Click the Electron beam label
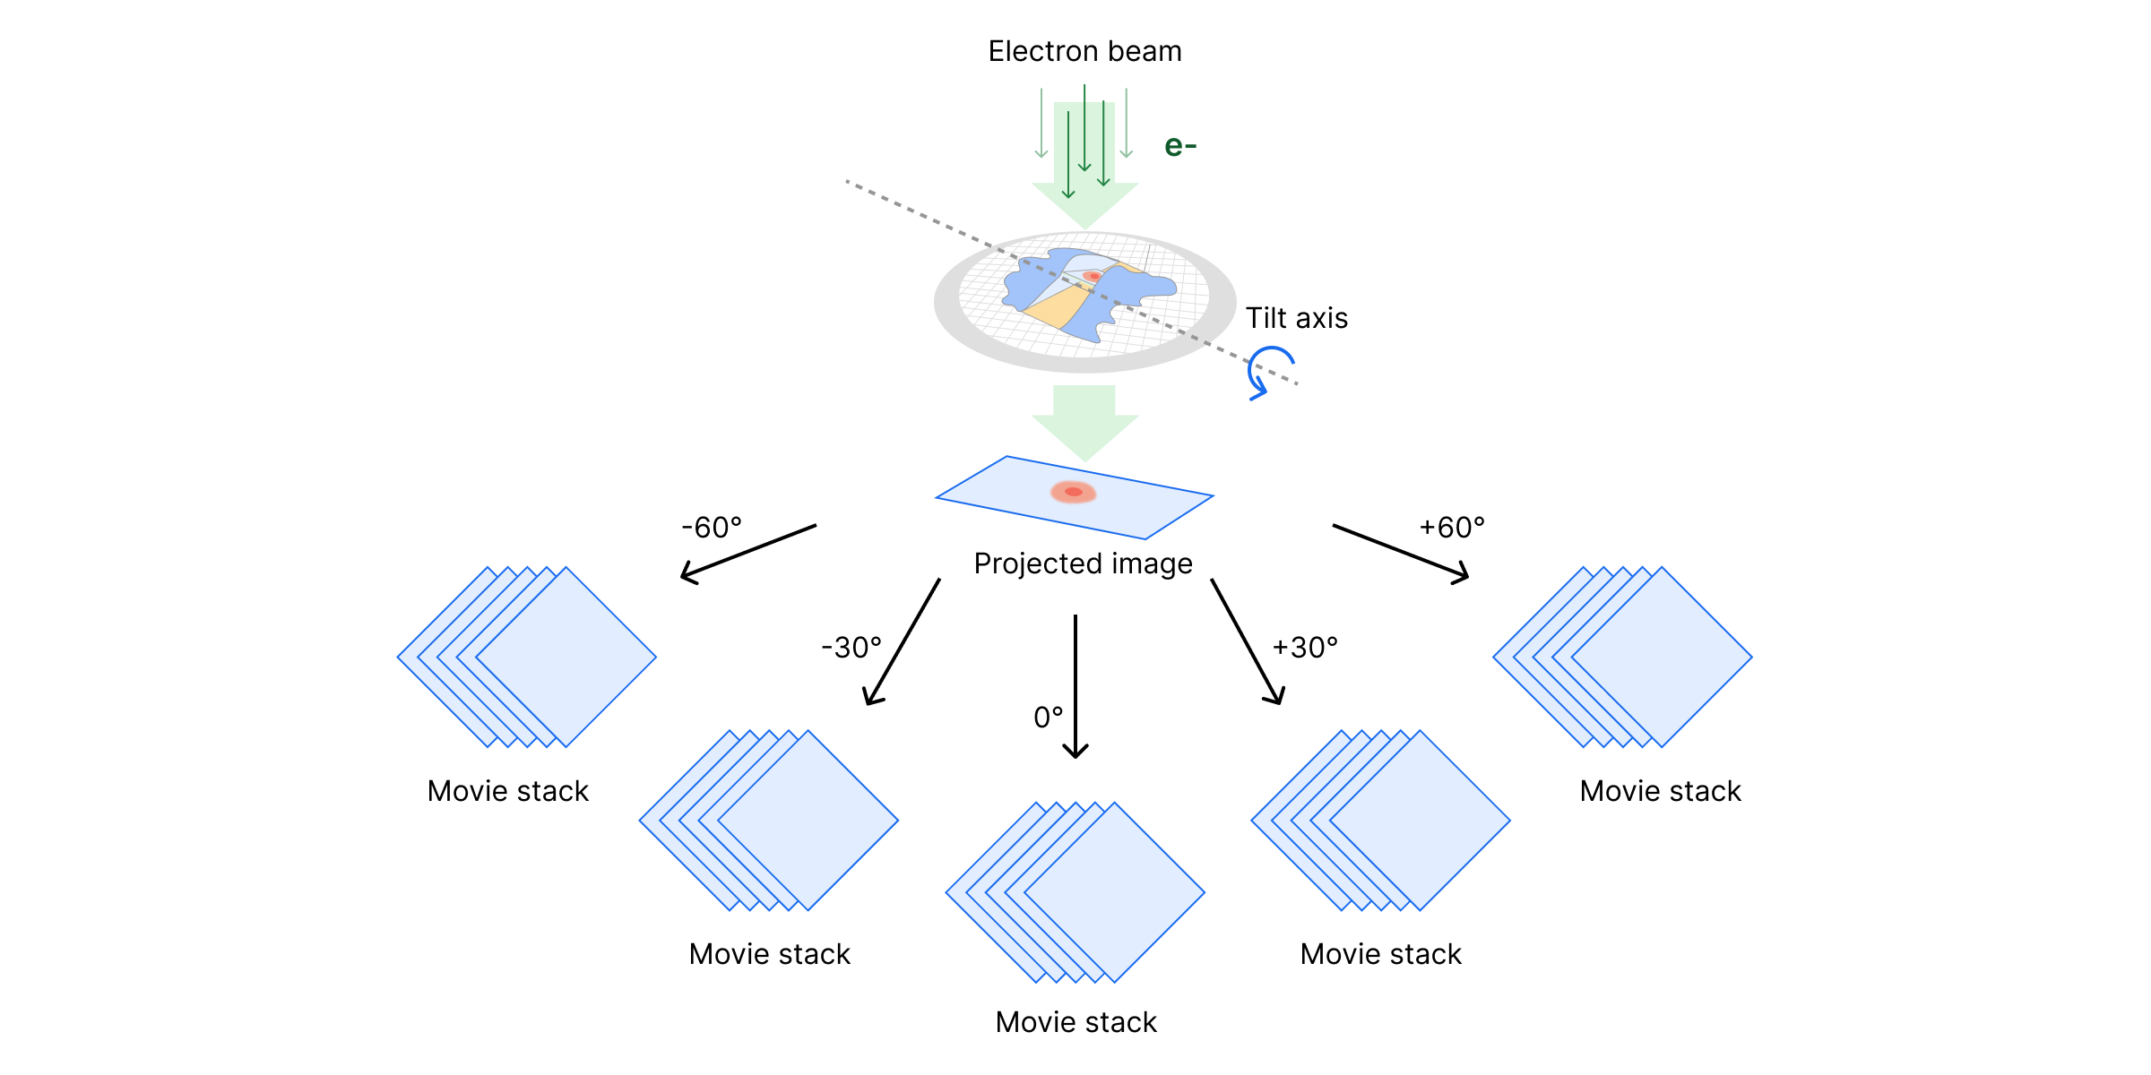1084,52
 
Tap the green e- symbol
1179,146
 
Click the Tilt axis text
1296,318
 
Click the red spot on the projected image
1074,492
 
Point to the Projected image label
1083,563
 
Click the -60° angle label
712,528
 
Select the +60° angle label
1452,528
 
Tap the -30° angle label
851,648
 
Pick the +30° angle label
1305,648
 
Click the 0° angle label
1048,718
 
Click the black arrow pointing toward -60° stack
748,553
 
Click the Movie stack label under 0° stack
1075,1022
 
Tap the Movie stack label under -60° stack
508,791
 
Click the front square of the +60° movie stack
1662,657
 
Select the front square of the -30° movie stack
808,820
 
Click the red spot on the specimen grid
1092,276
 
